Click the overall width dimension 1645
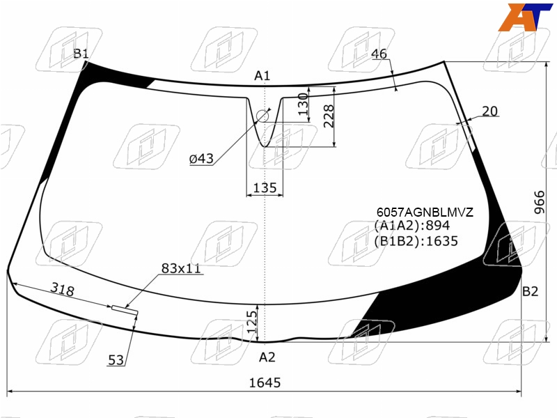(x=265, y=382)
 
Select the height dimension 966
(x=539, y=202)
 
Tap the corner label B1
(x=81, y=54)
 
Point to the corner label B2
(x=530, y=291)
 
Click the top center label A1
(x=262, y=76)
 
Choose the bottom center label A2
(x=267, y=357)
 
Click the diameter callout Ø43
(x=201, y=159)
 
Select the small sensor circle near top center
(x=262, y=116)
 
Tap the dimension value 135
(x=265, y=187)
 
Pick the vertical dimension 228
(x=329, y=116)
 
